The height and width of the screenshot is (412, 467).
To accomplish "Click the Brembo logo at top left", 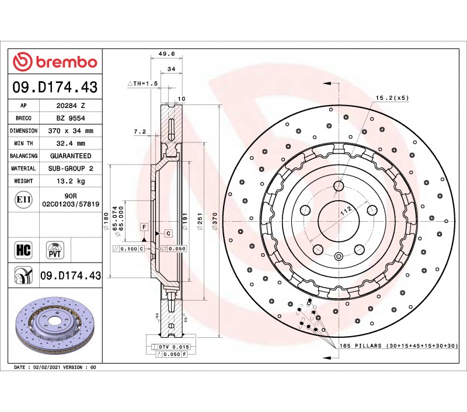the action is (x=55, y=62).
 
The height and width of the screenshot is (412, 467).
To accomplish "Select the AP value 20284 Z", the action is (x=71, y=106).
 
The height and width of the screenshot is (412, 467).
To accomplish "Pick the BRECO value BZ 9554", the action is (x=71, y=118).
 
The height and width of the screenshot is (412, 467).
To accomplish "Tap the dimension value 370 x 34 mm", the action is (x=71, y=131).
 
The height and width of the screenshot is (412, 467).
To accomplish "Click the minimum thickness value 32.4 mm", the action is (x=71, y=143).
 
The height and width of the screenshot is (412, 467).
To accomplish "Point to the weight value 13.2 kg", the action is (x=71, y=181).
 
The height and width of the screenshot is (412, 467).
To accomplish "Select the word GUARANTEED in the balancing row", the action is (x=71, y=156).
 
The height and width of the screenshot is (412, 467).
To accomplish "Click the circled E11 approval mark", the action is (x=23, y=200).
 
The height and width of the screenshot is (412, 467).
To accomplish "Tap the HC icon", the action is (x=23, y=250).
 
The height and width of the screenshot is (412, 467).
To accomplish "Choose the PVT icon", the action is (x=55, y=250).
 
